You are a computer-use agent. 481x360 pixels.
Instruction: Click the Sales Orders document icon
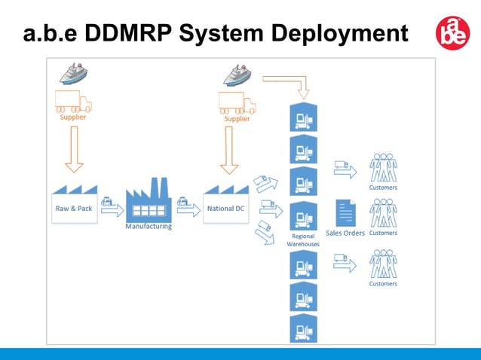click(345, 214)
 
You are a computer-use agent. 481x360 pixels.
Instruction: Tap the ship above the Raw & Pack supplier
click(75, 74)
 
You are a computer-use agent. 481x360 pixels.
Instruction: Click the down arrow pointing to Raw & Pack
click(74, 148)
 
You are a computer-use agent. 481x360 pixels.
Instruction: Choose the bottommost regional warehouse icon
click(304, 328)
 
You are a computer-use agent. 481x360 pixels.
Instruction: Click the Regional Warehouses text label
click(303, 240)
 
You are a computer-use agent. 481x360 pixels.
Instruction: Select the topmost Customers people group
click(383, 168)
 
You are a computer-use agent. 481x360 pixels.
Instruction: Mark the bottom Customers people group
click(383, 264)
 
